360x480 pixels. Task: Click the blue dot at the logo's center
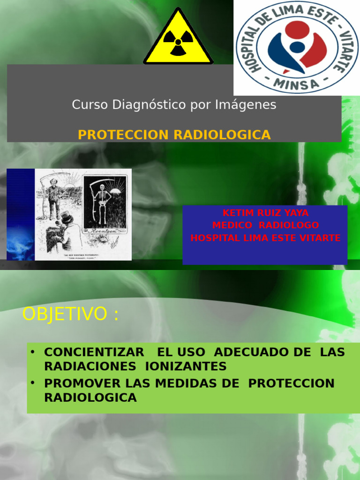pos(297,47)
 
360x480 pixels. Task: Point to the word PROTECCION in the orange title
pos(123,135)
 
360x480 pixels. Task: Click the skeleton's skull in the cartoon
pos(102,187)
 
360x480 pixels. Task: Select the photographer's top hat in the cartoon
pos(66,217)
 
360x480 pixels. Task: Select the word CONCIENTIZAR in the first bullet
pos(94,352)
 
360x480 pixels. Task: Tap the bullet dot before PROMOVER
pos(33,382)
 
